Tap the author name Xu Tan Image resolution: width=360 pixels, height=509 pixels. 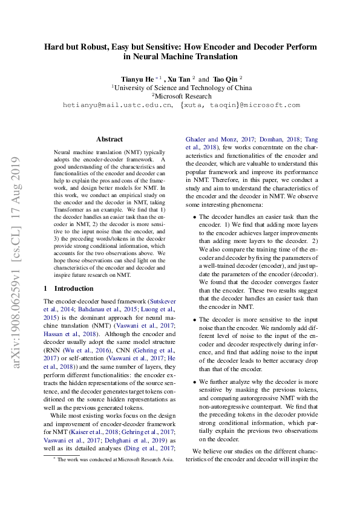point(180,79)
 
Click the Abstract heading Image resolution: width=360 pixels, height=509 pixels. point(110,139)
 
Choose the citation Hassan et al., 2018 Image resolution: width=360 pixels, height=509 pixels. point(69,333)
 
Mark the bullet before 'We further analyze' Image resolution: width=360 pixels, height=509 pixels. point(194,382)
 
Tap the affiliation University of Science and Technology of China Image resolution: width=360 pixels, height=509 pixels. point(182,88)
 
